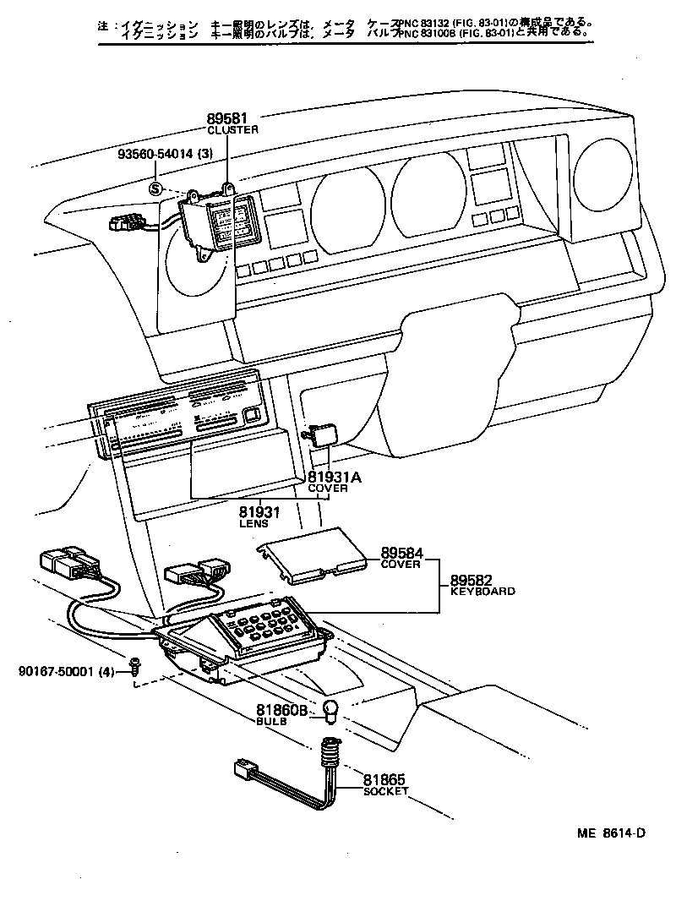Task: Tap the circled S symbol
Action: (x=156, y=188)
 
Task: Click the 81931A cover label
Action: (x=334, y=478)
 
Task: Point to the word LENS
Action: (x=253, y=525)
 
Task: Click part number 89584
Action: (x=401, y=554)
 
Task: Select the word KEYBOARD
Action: (x=482, y=592)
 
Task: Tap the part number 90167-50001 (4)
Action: (x=64, y=672)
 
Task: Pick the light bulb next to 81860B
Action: (x=332, y=712)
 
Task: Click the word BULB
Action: (x=271, y=722)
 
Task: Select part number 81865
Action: (x=385, y=780)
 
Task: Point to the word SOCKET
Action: (x=385, y=792)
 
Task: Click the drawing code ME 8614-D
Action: (x=612, y=833)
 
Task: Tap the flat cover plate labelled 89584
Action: (x=308, y=554)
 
